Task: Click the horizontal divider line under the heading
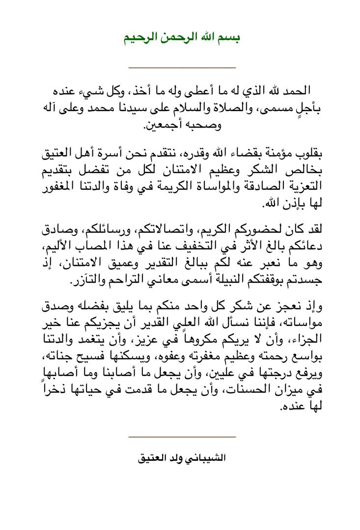[182, 68]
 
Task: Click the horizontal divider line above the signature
[182, 436]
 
